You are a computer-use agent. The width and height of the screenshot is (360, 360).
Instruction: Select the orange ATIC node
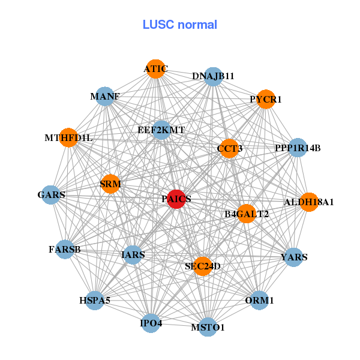(155, 68)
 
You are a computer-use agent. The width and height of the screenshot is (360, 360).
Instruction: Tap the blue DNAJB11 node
(214, 76)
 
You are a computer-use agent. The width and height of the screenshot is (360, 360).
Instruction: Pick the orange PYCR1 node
(266, 99)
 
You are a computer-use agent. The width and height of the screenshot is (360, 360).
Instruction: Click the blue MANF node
(106, 97)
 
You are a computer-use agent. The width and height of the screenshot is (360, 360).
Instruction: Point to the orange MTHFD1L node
(68, 137)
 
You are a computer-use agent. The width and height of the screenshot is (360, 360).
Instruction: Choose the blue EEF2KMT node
(161, 130)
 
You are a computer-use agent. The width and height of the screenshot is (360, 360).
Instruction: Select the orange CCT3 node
(229, 148)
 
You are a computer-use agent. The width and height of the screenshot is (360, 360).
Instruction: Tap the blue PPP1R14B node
(298, 148)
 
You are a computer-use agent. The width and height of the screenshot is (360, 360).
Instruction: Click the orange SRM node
(110, 184)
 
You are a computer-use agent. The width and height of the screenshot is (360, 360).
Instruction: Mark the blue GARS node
(52, 195)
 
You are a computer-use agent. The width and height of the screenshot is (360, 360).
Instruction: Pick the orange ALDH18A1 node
(308, 202)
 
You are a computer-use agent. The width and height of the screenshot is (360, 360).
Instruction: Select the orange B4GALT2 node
(247, 214)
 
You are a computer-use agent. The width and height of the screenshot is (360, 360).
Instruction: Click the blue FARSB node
(65, 249)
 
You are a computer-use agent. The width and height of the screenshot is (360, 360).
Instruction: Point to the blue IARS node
(133, 255)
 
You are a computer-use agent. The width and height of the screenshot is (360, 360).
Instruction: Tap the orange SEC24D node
(203, 266)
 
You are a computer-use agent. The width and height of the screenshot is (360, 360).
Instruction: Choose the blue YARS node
(293, 257)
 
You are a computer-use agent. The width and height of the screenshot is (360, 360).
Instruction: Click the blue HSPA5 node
(95, 300)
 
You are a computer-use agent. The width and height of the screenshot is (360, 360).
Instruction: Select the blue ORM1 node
(259, 300)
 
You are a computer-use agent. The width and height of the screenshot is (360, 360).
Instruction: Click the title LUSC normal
(180, 25)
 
